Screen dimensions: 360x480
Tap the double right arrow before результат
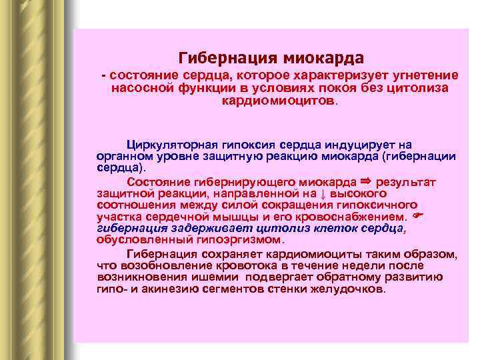point(364,181)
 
